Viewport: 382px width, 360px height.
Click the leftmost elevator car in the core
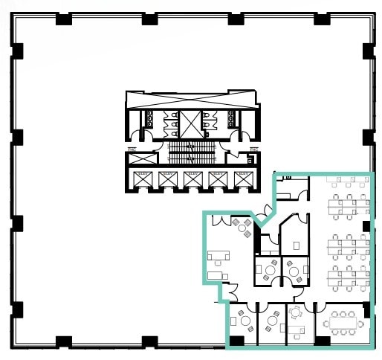point(141,179)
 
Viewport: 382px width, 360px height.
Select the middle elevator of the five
point(192,179)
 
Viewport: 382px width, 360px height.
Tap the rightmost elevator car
point(242,179)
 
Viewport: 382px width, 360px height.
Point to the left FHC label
point(132,149)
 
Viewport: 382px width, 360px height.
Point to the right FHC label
point(253,149)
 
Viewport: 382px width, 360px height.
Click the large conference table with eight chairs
point(343,321)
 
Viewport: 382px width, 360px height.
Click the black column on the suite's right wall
point(366,227)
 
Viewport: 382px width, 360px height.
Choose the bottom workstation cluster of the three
point(349,276)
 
